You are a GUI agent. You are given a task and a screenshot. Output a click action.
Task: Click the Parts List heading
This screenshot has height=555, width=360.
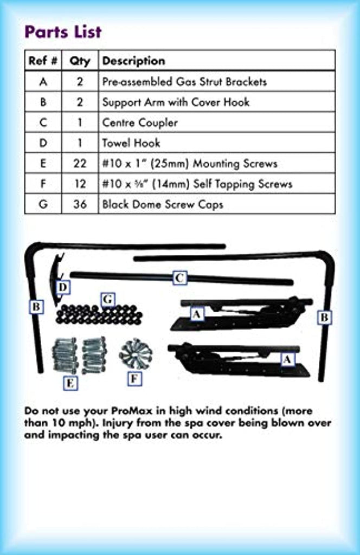pyautogui.click(x=63, y=31)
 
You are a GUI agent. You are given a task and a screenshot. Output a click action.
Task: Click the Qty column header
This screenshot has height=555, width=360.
pyautogui.click(x=80, y=61)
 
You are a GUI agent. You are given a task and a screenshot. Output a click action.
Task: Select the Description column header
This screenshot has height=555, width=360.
pyautogui.click(x=133, y=61)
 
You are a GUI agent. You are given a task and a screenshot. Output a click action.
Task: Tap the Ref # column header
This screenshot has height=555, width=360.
pyautogui.click(x=43, y=61)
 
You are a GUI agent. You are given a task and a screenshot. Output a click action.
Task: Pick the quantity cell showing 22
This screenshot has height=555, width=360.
pyautogui.click(x=80, y=163)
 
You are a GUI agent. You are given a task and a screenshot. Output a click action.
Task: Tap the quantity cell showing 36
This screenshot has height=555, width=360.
pyautogui.click(x=80, y=204)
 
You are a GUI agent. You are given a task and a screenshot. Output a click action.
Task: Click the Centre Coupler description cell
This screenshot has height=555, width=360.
pyautogui.click(x=140, y=122)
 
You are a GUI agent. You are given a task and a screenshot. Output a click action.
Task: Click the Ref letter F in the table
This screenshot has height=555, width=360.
pyautogui.click(x=43, y=184)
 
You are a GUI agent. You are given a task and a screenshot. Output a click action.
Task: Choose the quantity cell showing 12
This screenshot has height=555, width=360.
pyautogui.click(x=80, y=184)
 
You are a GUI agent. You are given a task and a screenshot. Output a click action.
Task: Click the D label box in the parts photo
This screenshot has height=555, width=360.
pyautogui.click(x=63, y=287)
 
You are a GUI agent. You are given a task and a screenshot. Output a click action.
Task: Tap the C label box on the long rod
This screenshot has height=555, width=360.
pyautogui.click(x=179, y=279)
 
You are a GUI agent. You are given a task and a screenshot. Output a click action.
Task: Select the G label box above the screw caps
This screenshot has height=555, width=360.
pyautogui.click(x=107, y=299)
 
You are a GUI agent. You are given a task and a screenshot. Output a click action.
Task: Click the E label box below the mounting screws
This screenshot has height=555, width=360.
pyautogui.click(x=70, y=383)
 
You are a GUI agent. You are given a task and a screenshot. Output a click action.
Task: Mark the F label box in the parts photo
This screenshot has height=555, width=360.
pyautogui.click(x=134, y=378)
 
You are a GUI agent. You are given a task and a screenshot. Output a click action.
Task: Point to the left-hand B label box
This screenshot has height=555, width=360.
pyautogui.click(x=36, y=307)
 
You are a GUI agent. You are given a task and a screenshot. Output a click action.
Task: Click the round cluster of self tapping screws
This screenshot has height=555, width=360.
pyautogui.click(x=136, y=353)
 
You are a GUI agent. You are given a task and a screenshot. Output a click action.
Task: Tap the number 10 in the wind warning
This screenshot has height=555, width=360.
pyautogui.click(x=54, y=423)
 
